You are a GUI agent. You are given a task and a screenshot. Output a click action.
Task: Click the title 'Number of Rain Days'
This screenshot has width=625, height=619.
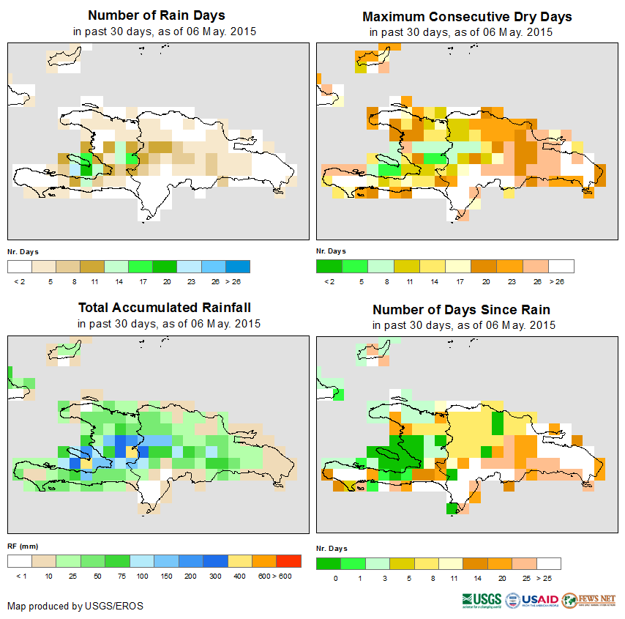click(x=156, y=15)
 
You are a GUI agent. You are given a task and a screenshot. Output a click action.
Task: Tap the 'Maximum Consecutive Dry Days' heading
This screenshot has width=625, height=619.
click(x=467, y=16)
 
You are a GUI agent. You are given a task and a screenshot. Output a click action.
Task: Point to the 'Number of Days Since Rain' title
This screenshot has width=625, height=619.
click(x=461, y=309)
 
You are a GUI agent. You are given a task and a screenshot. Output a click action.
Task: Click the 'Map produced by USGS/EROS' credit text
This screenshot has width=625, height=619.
click(x=75, y=606)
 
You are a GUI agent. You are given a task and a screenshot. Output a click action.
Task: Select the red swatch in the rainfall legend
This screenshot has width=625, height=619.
click(x=288, y=561)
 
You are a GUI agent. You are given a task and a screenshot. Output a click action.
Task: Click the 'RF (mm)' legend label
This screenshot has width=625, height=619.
click(x=18, y=546)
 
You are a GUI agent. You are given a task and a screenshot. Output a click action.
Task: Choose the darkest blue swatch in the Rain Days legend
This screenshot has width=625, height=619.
click(x=238, y=266)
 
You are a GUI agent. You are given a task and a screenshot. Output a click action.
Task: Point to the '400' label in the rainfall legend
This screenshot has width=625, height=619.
click(x=239, y=577)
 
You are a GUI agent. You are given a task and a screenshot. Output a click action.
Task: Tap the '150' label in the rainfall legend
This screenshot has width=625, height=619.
click(x=165, y=577)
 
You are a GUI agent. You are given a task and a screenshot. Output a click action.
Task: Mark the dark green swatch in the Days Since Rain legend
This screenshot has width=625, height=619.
click(x=329, y=563)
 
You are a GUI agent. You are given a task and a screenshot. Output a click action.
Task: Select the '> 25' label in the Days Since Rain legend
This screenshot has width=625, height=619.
click(x=549, y=579)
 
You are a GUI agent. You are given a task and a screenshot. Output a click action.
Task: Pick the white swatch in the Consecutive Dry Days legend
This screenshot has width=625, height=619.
click(x=561, y=266)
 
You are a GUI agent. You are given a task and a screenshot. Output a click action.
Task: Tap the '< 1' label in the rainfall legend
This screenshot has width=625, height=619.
click(x=20, y=577)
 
